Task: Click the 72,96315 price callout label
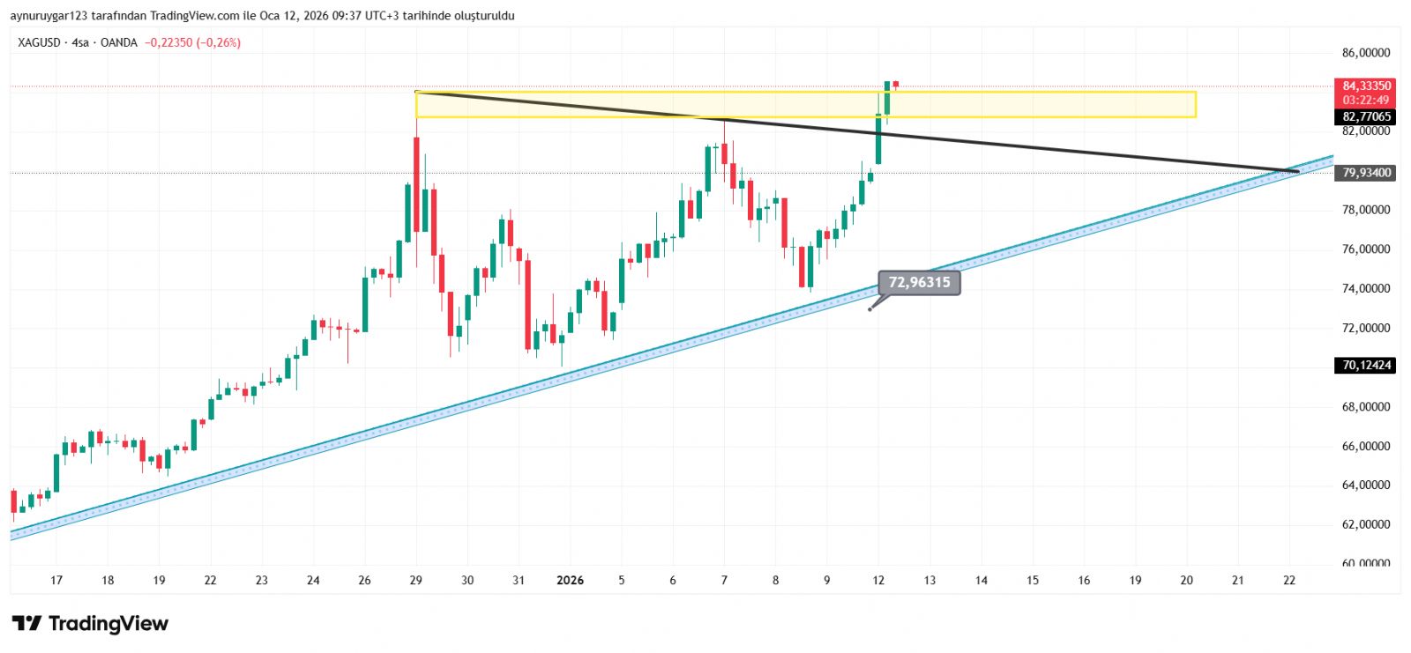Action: [x=919, y=283]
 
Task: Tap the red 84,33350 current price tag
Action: [x=1366, y=85]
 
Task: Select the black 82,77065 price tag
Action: [x=1366, y=116]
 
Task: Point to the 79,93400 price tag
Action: [x=1366, y=173]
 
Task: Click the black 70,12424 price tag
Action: [x=1366, y=365]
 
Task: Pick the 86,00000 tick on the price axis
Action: [x=1366, y=53]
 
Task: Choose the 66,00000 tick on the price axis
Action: [x=1366, y=446]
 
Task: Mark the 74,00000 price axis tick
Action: [x=1366, y=288]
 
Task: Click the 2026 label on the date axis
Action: [x=571, y=580]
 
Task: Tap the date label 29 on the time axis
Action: [x=416, y=580]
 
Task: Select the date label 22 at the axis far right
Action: [x=1289, y=580]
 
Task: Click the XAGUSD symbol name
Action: [x=40, y=42]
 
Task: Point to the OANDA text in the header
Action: [x=119, y=42]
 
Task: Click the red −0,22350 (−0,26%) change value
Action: [x=193, y=42]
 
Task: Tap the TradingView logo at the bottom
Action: [x=90, y=624]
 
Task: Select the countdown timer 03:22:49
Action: [x=1366, y=100]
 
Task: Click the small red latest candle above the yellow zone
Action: [x=895, y=85]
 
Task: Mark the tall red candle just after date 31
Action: [x=527, y=304]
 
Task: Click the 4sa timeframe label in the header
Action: [x=80, y=42]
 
